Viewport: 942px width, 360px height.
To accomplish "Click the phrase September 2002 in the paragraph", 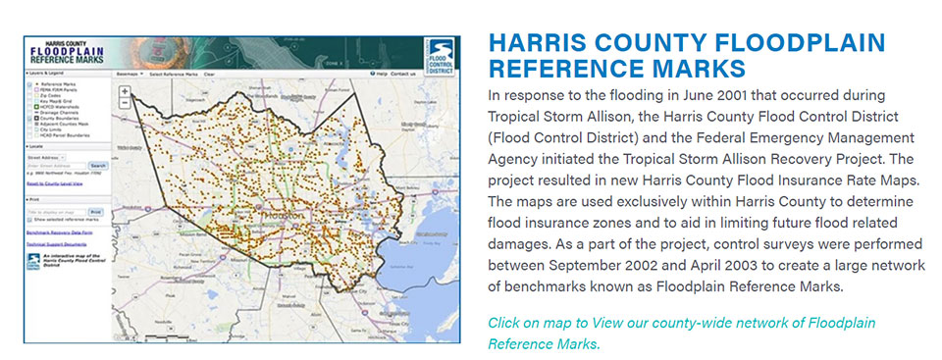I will tap(602, 267).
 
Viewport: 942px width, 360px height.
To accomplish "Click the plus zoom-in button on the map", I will tap(125, 92).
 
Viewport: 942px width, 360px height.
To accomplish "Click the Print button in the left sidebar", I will tap(96, 211).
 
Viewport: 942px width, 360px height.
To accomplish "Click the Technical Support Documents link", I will tap(55, 245).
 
